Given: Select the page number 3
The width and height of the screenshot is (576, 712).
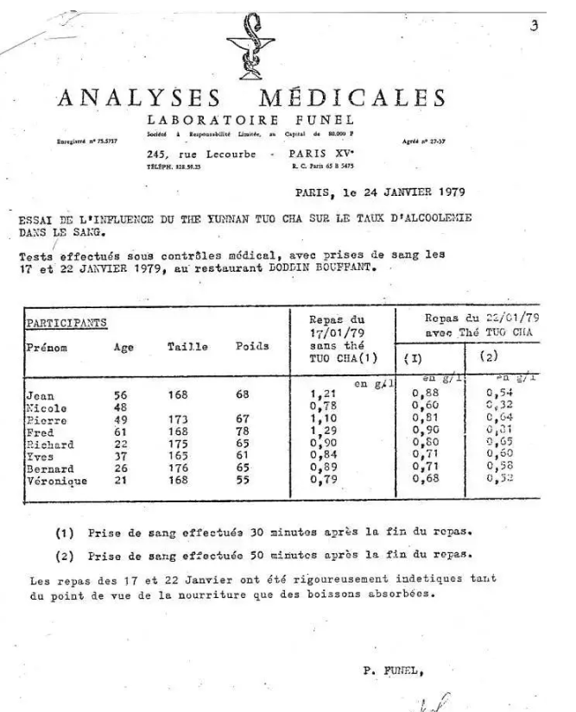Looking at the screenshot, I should (x=535, y=26).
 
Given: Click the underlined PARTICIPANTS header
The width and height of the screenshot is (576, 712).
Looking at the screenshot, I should (x=66, y=322).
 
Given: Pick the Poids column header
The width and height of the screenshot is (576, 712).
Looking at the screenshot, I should (x=252, y=347).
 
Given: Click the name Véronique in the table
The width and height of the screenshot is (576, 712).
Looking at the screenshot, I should (x=57, y=481).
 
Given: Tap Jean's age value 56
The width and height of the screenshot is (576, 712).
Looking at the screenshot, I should (x=122, y=395).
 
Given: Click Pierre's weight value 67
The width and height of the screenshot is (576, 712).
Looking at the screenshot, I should (x=242, y=419).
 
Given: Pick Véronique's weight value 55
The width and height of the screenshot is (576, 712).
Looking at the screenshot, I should (x=242, y=481).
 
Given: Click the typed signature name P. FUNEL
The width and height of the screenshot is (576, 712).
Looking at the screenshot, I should (x=390, y=668).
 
